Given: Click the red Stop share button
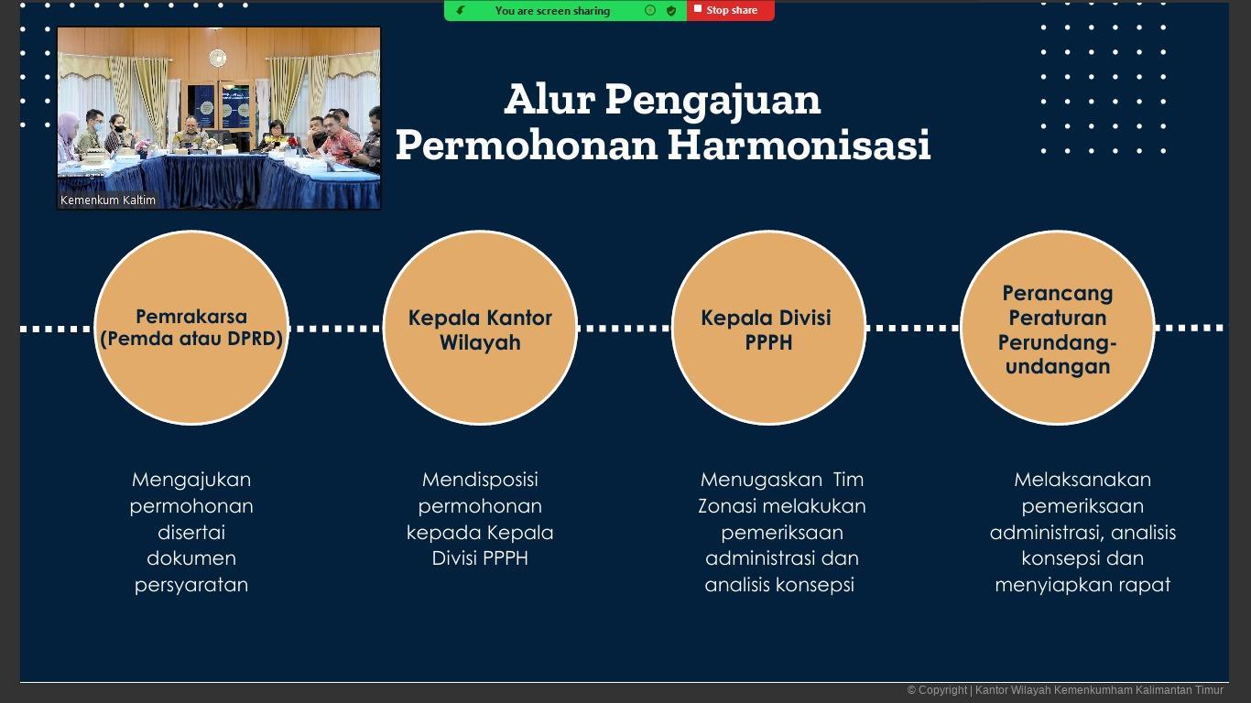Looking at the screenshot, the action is click(731, 11).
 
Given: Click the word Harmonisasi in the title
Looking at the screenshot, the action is click(800, 145).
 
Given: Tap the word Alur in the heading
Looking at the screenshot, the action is click(549, 100).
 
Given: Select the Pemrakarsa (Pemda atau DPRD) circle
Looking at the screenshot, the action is click(191, 328).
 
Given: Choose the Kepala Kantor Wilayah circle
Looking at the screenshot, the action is click(480, 328).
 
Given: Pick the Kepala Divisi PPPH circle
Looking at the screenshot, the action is click(768, 328).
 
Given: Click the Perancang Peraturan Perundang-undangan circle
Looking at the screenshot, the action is click(1057, 328).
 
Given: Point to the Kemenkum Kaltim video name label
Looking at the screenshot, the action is click(108, 200).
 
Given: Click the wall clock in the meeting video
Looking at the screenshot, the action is click(217, 57).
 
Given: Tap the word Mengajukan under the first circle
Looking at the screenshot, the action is click(191, 481).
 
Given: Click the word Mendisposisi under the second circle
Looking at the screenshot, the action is click(480, 480).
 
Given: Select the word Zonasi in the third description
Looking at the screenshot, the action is click(726, 506).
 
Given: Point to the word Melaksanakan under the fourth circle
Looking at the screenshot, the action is click(1082, 480).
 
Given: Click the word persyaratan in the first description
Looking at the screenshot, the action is click(191, 586).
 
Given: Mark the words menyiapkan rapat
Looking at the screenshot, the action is click(1082, 586).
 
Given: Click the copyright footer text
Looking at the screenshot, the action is click(1065, 690).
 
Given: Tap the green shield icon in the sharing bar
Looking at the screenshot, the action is click(671, 11).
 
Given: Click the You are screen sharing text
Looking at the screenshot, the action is click(552, 11).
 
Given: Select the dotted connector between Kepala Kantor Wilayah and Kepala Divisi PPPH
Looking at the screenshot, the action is click(625, 329).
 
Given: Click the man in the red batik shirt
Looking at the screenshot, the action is click(339, 140).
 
